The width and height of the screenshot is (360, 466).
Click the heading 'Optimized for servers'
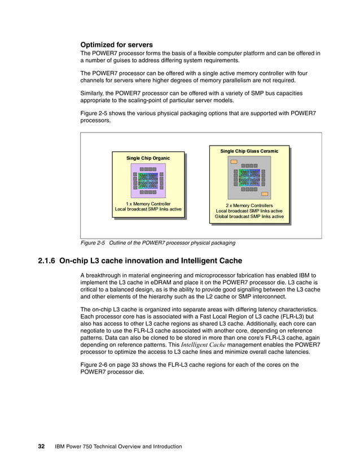click(x=117, y=44)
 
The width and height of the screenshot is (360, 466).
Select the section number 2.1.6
click(x=47, y=261)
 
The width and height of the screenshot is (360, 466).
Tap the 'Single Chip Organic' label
click(x=148, y=158)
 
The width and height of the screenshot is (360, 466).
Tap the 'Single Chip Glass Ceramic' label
click(x=249, y=151)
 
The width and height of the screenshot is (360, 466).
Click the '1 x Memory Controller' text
click(x=148, y=203)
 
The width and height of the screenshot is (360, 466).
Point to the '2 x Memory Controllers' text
click(x=249, y=205)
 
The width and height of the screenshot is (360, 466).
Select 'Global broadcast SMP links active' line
click(x=249, y=217)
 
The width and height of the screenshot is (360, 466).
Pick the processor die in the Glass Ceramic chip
click(x=249, y=177)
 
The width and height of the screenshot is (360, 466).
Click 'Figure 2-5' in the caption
click(x=93, y=243)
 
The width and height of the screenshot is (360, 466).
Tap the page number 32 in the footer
click(x=41, y=446)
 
